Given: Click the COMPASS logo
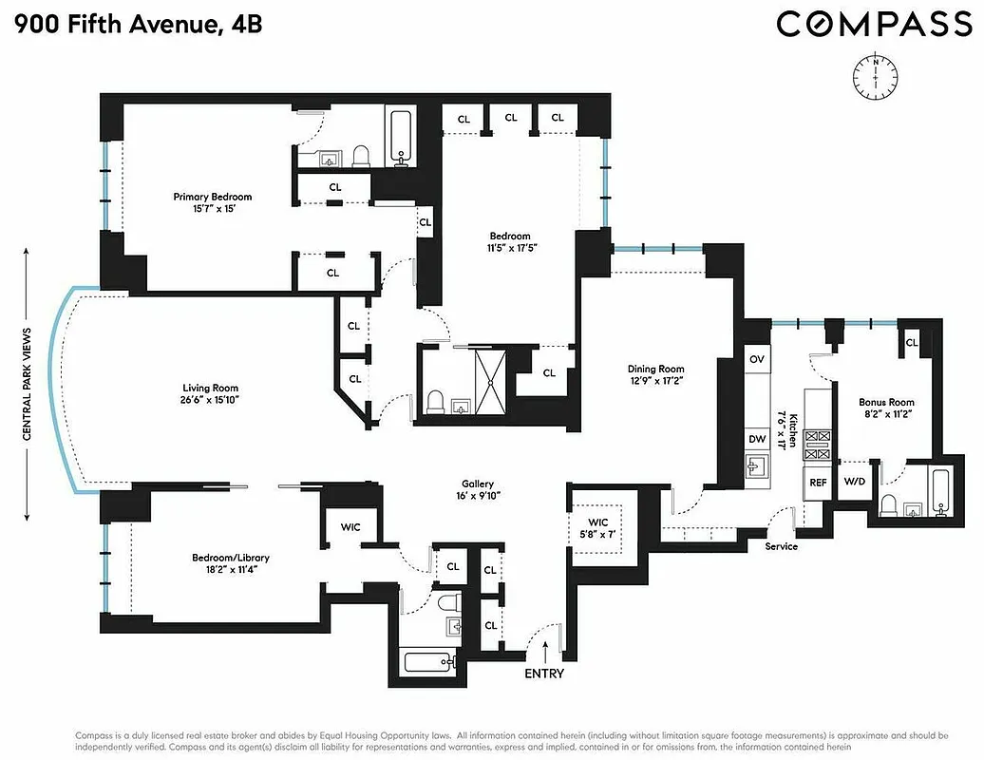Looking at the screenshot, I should pyautogui.click(x=874, y=23).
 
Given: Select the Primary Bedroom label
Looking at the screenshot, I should pyautogui.click(x=212, y=198).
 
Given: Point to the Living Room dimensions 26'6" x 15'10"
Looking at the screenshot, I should pyautogui.click(x=210, y=401).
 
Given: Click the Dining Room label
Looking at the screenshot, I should pyautogui.click(x=655, y=370).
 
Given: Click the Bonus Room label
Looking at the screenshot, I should pyautogui.click(x=886, y=403).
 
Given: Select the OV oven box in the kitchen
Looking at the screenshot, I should pyautogui.click(x=757, y=359).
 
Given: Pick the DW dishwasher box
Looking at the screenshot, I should pyautogui.click(x=757, y=439).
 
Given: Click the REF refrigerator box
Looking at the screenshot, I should pyautogui.click(x=817, y=483).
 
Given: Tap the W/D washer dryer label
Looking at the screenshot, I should pyautogui.click(x=855, y=482).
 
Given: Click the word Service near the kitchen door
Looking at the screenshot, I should pyautogui.click(x=782, y=546).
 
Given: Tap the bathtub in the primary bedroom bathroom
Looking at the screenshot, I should pyautogui.click(x=400, y=138).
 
